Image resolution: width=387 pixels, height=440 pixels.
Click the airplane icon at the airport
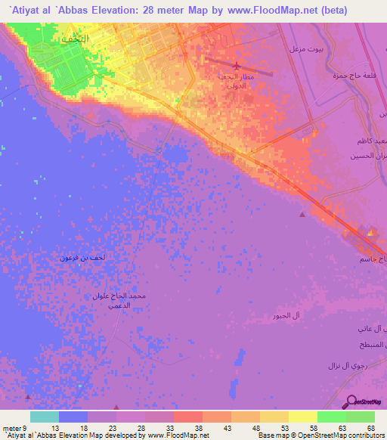pyautogui.click(x=237, y=67)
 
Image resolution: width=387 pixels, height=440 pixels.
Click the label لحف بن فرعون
pyautogui.click(x=83, y=259)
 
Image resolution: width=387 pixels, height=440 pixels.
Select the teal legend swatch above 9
pyautogui.click(x=45, y=417)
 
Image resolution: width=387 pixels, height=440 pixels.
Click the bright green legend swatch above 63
pyautogui.click(x=331, y=417)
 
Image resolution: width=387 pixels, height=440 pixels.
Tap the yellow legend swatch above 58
pyautogui.click(x=302, y=417)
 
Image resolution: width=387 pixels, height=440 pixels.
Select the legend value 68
pyautogui.click(x=370, y=428)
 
